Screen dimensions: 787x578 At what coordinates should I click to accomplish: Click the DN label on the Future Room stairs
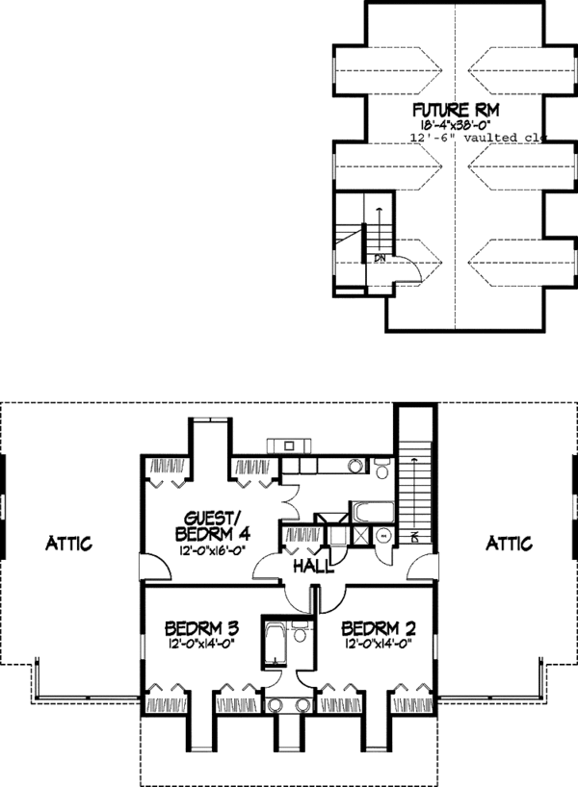point(380,258)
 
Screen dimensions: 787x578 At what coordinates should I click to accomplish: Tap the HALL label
point(315,567)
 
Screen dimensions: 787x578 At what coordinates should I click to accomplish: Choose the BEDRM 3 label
point(202,628)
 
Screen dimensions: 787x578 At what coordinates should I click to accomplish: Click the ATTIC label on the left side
point(69,544)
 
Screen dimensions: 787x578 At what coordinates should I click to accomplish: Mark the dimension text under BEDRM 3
point(202,646)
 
